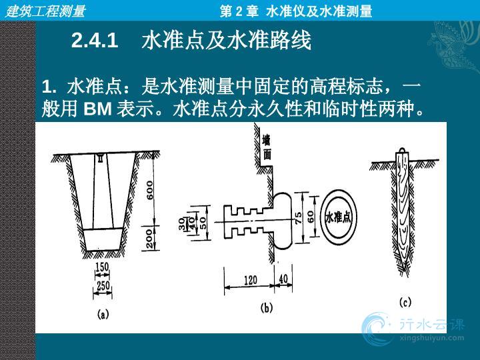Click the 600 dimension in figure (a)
point(150,190)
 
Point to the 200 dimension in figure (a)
point(149,238)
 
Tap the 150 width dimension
point(102,267)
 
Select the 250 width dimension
point(103,286)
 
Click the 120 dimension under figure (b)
point(251,280)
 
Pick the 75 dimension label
point(298,218)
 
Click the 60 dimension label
point(311,217)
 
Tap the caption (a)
point(103,314)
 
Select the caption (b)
point(266,307)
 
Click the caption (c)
point(405,303)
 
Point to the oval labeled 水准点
point(338,217)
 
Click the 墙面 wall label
point(267,148)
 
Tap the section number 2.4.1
point(95,40)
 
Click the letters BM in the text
point(97,108)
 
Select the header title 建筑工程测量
point(45,11)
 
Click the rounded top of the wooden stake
point(402,150)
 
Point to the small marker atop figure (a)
point(101,158)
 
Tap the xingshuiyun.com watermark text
point(432,338)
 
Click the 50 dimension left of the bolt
point(203,223)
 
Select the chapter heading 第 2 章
point(239,11)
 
